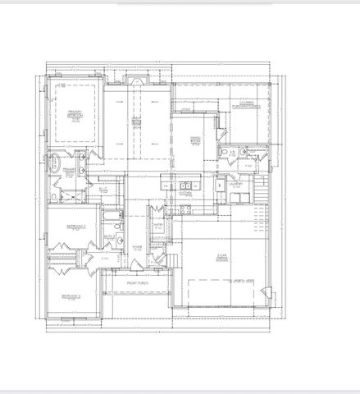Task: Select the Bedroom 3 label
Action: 72,295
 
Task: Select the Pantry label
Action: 159,223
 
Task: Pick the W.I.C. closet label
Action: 103,188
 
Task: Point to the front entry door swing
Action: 153,264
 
